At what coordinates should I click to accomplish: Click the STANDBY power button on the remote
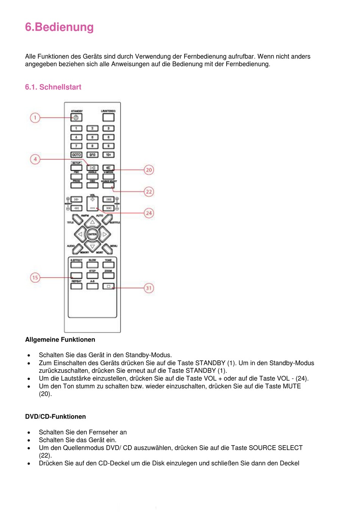(76, 117)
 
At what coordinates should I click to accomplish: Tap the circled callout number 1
(35, 117)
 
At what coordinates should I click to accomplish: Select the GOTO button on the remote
(76, 155)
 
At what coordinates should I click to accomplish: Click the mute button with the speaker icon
(108, 167)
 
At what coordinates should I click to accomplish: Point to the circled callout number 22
(149, 192)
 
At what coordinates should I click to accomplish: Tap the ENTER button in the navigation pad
(92, 235)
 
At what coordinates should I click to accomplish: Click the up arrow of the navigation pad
(92, 222)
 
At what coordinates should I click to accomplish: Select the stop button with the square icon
(108, 286)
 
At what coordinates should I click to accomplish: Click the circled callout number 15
(35, 278)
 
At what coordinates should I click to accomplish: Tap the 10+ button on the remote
(108, 155)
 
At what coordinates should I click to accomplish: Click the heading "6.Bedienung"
(59, 27)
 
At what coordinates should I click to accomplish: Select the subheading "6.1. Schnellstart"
(53, 87)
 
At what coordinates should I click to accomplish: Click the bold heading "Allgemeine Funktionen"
(60, 340)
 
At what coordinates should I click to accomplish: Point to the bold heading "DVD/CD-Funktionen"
(55, 417)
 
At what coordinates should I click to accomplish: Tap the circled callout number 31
(149, 288)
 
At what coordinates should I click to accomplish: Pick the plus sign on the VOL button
(92, 199)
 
